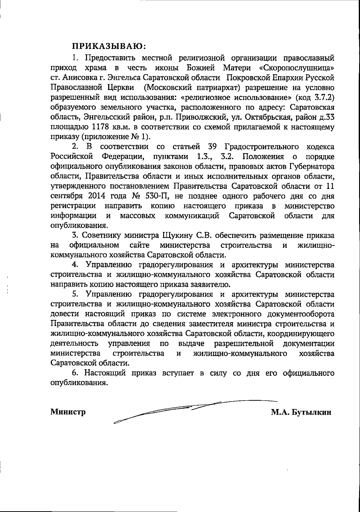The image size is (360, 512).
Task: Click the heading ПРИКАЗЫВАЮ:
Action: [x=109, y=47]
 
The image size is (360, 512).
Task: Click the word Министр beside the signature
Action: [x=68, y=412]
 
